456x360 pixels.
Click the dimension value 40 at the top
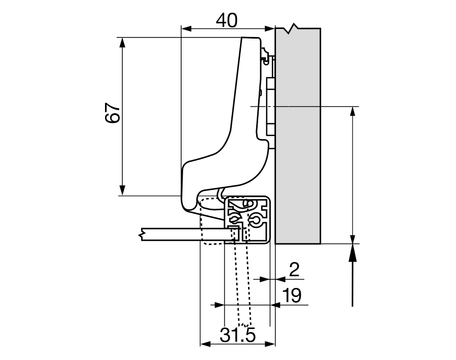pyautogui.click(x=226, y=20)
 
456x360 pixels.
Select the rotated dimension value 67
pyautogui.click(x=112, y=114)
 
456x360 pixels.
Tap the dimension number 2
pyautogui.click(x=294, y=269)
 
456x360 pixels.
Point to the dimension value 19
pyautogui.click(x=291, y=295)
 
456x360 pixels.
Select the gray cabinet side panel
pyautogui.click(x=298, y=152)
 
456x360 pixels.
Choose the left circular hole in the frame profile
pyautogui.click(x=234, y=219)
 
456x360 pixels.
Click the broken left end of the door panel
pyautogui.click(x=143, y=234)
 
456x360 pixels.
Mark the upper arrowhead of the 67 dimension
pyautogui.click(x=122, y=43)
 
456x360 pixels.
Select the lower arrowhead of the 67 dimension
pyautogui.click(x=122, y=189)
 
